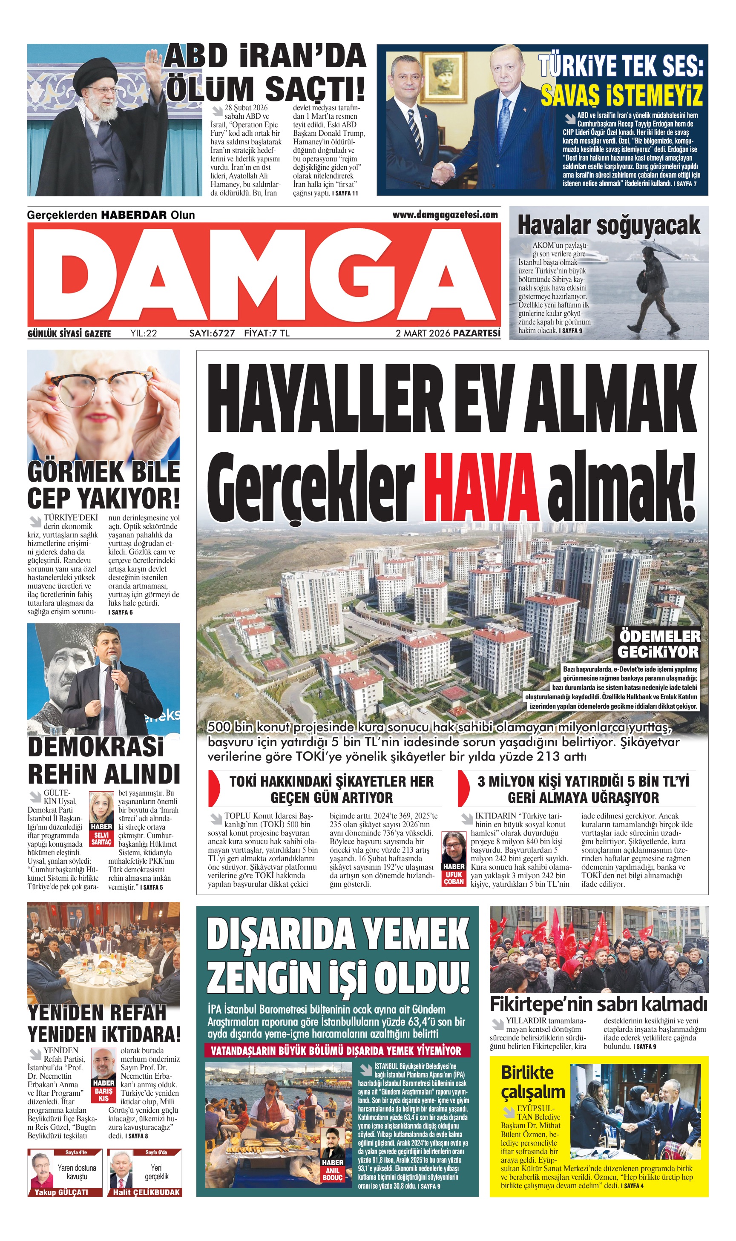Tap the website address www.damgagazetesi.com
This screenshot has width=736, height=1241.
pos(445,215)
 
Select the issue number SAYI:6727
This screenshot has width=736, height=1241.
pos(212,333)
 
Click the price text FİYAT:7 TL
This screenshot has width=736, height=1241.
pos(266,333)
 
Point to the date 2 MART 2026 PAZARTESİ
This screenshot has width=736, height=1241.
pos(448,333)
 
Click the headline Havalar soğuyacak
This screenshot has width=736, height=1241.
pos(609,226)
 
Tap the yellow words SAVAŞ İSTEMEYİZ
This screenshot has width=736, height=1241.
pos(621,95)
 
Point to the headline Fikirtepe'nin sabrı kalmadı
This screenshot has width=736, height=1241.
pos(598,1014)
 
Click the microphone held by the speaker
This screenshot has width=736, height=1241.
pos(114,670)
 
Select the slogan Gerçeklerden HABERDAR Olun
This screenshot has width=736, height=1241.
pos(111,215)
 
